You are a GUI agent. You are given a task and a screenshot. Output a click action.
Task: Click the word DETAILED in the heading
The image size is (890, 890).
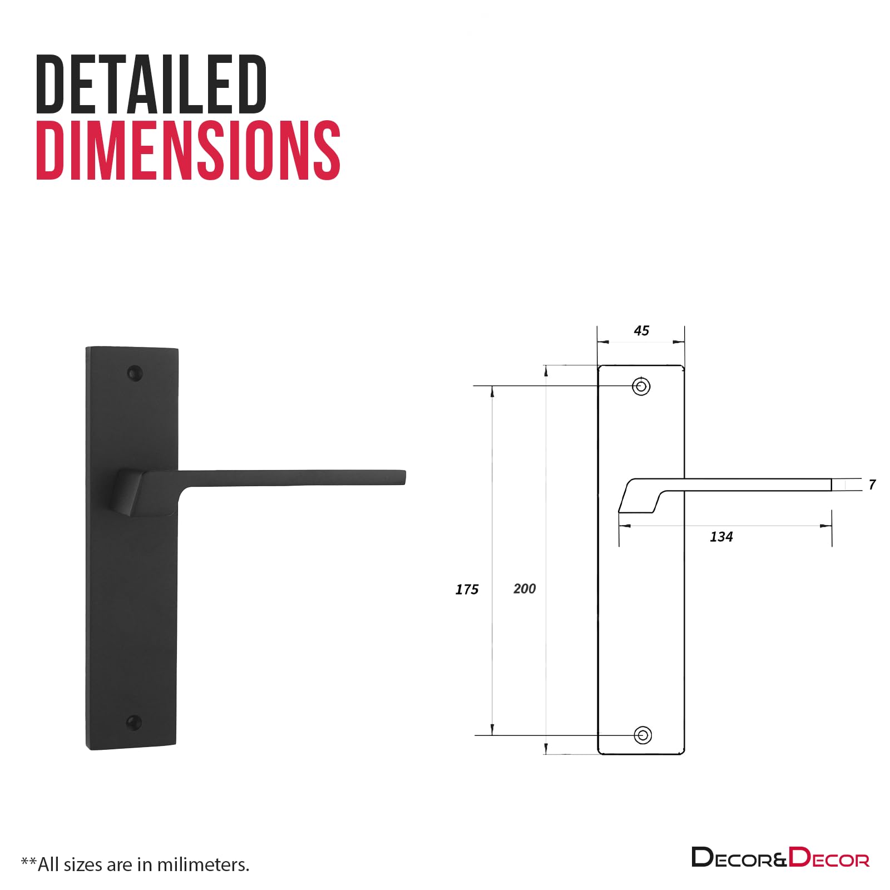tap(151, 84)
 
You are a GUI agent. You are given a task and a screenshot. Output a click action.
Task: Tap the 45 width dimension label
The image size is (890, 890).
tap(641, 331)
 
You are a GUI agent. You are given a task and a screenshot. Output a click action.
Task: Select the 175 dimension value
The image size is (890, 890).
tap(467, 590)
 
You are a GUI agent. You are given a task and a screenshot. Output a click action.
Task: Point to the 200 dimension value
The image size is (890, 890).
tap(525, 589)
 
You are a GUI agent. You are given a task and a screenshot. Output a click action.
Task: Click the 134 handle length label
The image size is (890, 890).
tap(721, 537)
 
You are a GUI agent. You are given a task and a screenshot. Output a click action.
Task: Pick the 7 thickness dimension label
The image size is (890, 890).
tap(872, 485)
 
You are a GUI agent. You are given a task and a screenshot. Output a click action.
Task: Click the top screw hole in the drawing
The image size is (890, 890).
tap(641, 386)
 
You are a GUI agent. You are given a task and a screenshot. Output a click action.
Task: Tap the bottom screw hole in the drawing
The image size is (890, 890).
tap(643, 735)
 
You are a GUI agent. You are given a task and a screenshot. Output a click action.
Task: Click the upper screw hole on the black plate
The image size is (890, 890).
tap(135, 373)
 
